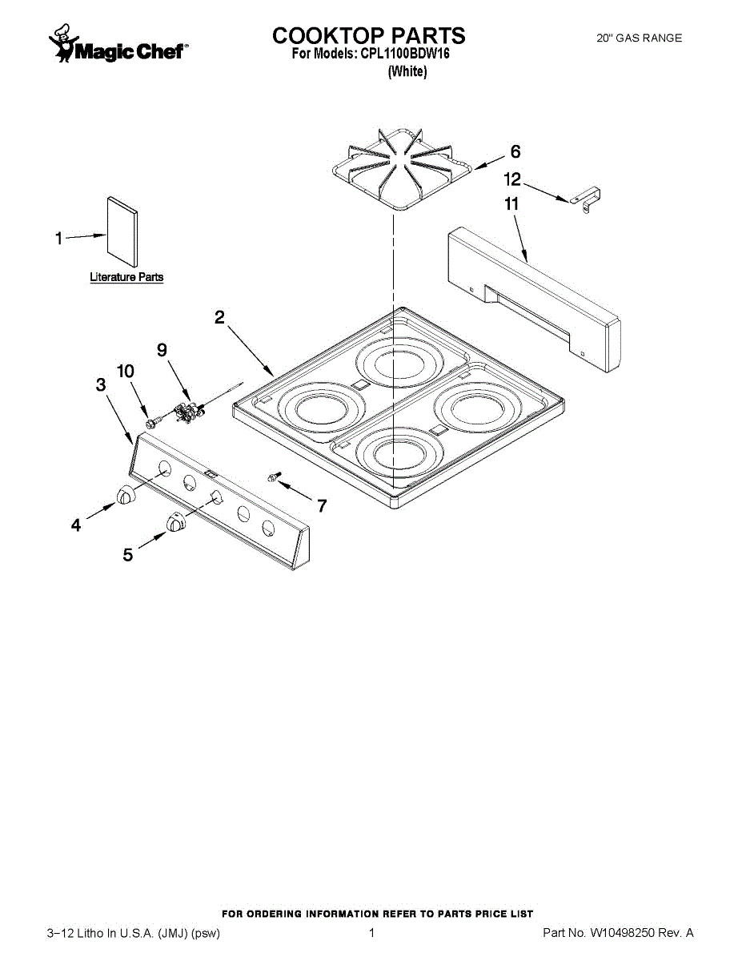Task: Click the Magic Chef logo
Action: click(118, 44)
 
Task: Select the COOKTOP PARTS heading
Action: click(368, 35)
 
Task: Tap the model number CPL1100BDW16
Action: click(405, 54)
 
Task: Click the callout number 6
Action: click(515, 151)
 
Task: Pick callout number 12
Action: click(512, 179)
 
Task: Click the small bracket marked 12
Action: click(585, 200)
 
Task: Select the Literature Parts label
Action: click(126, 277)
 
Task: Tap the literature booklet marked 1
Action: click(122, 232)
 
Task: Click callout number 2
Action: click(219, 317)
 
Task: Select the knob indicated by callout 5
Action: click(176, 522)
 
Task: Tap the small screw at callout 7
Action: click(274, 477)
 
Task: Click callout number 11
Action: click(511, 204)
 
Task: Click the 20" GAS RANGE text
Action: click(639, 38)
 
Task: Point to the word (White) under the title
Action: click(407, 71)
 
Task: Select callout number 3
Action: click(101, 384)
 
